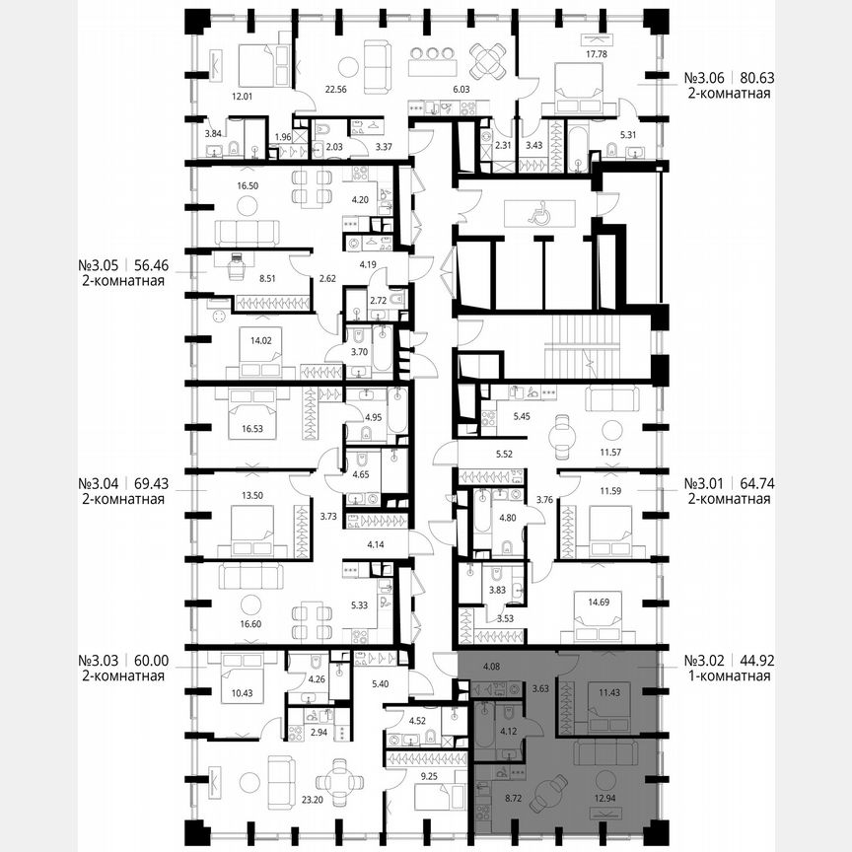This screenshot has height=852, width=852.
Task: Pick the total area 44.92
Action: pos(750,660)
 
